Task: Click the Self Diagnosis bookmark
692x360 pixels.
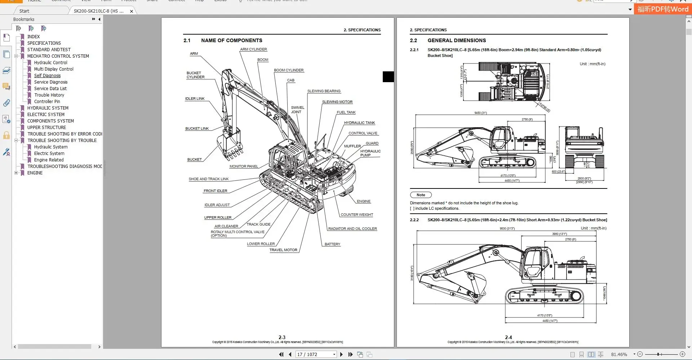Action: tap(47, 76)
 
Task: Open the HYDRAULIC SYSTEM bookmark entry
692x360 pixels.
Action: tap(48, 108)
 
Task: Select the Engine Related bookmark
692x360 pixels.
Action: tap(49, 160)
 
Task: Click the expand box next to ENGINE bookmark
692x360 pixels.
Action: tap(16, 173)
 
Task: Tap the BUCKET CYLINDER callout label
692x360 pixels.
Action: tap(195, 75)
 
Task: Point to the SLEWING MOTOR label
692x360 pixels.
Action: tap(337, 102)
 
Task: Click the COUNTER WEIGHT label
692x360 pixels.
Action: tap(356, 215)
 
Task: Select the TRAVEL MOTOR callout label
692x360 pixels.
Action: tap(283, 250)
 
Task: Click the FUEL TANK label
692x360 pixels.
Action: tap(346, 112)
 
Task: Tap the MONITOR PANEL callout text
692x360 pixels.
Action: tap(244, 166)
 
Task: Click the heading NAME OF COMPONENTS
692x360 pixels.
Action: tap(231, 40)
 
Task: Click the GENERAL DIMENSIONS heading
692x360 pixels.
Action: tap(456, 40)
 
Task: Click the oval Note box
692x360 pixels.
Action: tap(421, 195)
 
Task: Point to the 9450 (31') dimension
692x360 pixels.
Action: tap(480, 113)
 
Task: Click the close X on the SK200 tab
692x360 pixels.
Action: tap(132, 11)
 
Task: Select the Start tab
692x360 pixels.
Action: tap(24, 11)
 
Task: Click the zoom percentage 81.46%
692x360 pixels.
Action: tap(619, 355)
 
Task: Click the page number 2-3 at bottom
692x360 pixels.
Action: tap(282, 337)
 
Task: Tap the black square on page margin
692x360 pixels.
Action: tap(388, 77)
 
